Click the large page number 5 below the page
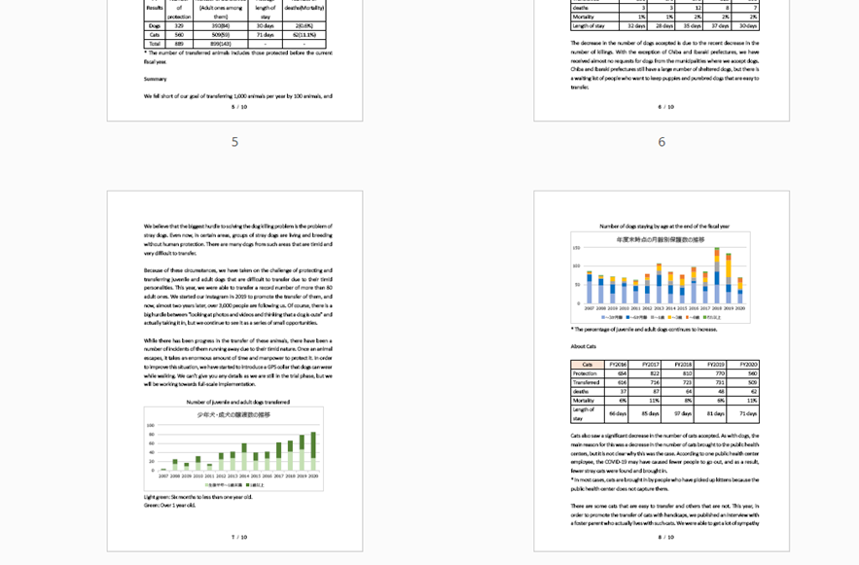(x=234, y=142)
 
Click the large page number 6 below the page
(x=662, y=142)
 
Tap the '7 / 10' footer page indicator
(x=238, y=537)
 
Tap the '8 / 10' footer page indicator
(x=665, y=537)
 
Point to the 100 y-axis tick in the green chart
(x=151, y=425)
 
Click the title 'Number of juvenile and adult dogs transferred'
(x=237, y=402)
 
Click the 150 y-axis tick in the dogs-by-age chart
(x=577, y=247)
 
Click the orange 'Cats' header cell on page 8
(x=587, y=364)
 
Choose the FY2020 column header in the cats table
(x=742, y=364)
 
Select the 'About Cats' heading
(x=584, y=346)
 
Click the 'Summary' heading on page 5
(x=155, y=79)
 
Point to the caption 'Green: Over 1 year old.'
(x=169, y=506)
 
